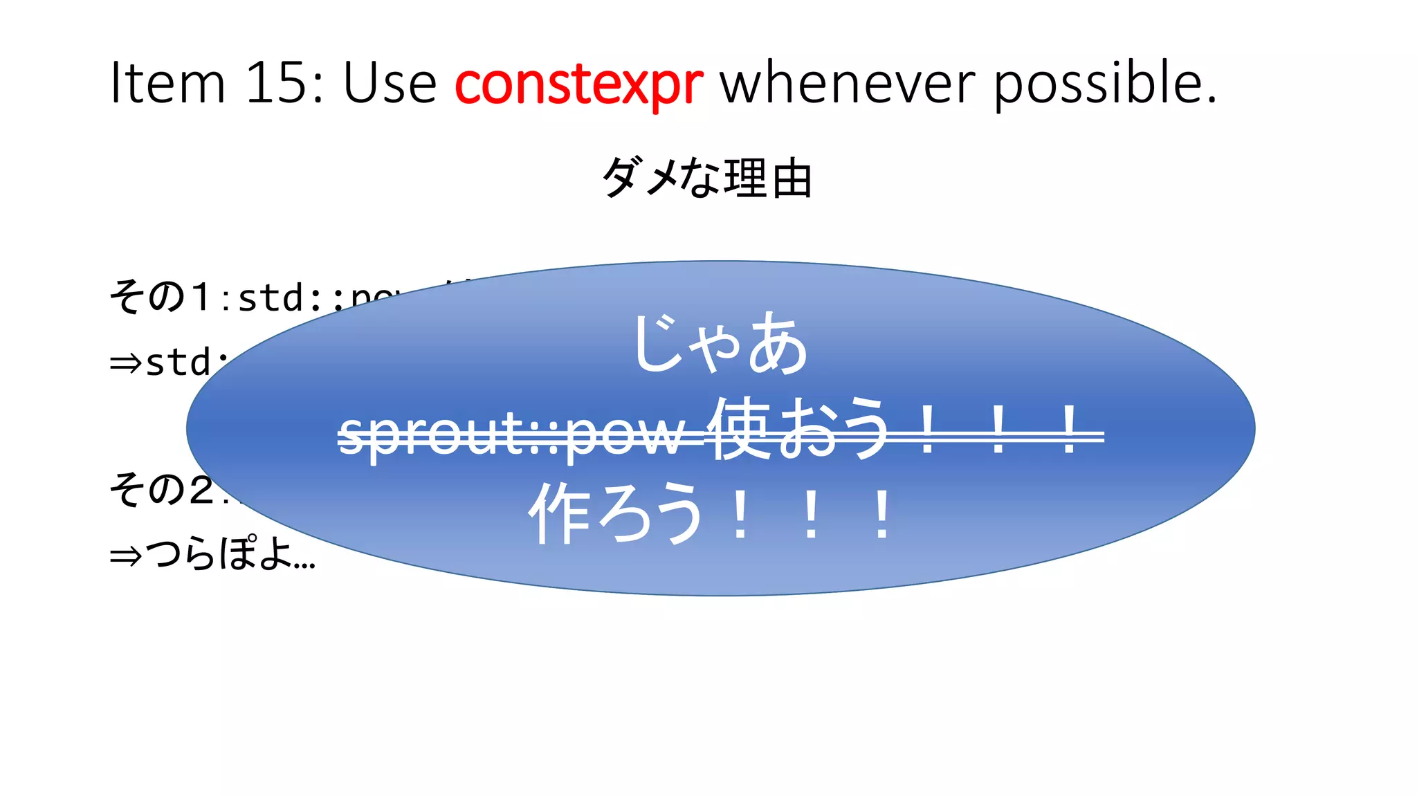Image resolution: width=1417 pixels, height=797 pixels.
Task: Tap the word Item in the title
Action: pos(168,83)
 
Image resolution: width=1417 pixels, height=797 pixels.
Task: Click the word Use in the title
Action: pos(390,83)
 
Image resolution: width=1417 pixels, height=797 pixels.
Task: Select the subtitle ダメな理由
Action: pos(707,178)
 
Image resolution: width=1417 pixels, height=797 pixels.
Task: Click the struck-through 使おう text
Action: pos(801,429)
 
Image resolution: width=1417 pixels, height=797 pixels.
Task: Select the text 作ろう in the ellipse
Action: pos(616,514)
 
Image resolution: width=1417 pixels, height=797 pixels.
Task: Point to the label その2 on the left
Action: pos(161,490)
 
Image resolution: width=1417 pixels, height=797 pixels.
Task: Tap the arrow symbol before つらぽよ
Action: pos(126,556)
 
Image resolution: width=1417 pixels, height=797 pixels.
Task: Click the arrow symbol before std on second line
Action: pos(126,363)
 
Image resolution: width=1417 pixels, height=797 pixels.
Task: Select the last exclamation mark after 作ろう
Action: pos(881,515)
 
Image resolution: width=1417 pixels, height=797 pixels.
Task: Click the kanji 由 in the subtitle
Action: pos(792,178)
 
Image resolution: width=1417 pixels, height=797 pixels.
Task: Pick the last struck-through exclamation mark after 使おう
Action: pos(1069,430)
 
